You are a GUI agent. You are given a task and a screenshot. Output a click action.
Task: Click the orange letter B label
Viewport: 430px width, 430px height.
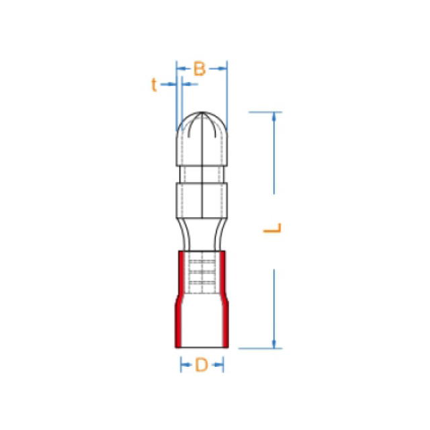pyautogui.click(x=200, y=69)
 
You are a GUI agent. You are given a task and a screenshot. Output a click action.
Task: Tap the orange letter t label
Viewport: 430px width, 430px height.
pyautogui.click(x=154, y=84)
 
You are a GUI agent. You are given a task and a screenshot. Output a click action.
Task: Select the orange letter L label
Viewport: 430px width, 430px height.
pyautogui.click(x=273, y=228)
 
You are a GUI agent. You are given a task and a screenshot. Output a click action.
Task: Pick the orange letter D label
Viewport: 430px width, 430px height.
pyautogui.click(x=202, y=365)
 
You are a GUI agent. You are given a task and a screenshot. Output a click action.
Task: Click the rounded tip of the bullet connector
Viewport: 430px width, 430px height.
pyautogui.click(x=202, y=113)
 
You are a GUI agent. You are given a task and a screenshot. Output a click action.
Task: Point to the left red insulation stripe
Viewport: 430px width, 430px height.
pyautogui.click(x=179, y=299)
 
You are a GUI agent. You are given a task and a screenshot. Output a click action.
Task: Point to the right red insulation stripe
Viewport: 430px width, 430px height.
pyautogui.click(x=225, y=299)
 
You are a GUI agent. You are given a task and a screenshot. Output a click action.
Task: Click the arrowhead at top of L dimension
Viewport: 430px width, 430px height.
pyautogui.click(x=273, y=116)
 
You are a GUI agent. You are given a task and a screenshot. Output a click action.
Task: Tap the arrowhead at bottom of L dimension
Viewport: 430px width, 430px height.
pyautogui.click(x=273, y=344)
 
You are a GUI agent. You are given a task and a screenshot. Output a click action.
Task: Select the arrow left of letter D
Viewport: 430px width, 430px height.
pyautogui.click(x=186, y=365)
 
